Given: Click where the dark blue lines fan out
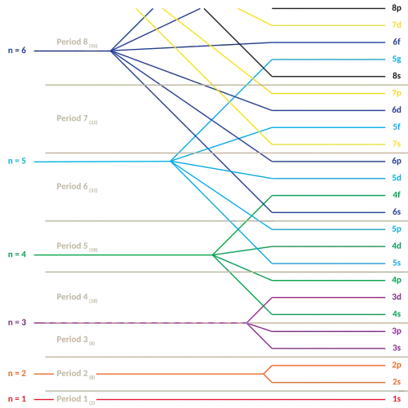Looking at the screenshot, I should [116, 51].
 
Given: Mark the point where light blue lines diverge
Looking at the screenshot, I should [172, 162].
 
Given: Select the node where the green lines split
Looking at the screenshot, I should [212, 255].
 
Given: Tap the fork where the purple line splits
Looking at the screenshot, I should [249, 323].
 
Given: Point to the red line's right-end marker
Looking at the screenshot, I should [397, 400].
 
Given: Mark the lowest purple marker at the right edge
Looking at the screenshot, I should [397, 348].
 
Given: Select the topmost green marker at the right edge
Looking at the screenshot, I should [397, 195].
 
